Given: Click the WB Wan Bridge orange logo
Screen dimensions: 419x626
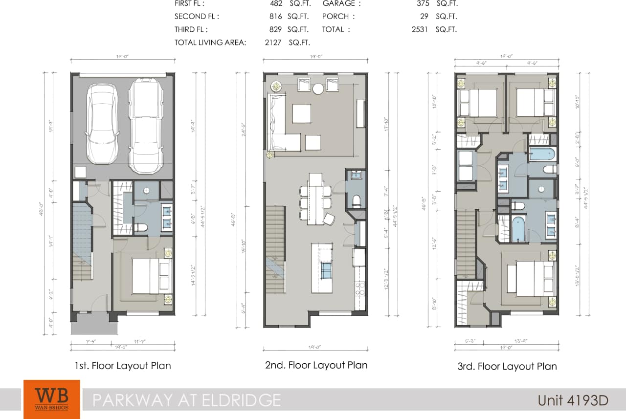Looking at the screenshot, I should pos(51,399).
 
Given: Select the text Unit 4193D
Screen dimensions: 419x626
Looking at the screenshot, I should pos(573,400).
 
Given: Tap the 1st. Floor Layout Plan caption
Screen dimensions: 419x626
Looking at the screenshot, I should pos(123,366).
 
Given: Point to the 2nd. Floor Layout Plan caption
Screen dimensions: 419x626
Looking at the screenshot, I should pos(315,365).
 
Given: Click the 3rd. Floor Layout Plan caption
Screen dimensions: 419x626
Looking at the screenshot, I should pos(507,366).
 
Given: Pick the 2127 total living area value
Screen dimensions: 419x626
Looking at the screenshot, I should pos(273,43).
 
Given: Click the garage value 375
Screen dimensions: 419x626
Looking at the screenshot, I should pos(420,3).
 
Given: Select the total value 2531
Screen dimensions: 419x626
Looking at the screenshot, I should pos(420,29).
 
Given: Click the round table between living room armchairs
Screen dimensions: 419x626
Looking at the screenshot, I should pos(318,88).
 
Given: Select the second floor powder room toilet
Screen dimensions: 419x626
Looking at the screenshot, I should pos(356,200).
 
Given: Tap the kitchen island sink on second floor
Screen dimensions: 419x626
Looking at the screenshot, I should pos(326,269).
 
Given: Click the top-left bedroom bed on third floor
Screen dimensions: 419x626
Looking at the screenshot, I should pos(478,103).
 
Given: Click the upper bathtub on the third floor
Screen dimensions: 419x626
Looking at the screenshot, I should pos(542,154).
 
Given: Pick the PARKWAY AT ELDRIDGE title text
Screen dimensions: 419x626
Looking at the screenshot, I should pos(187,400).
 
